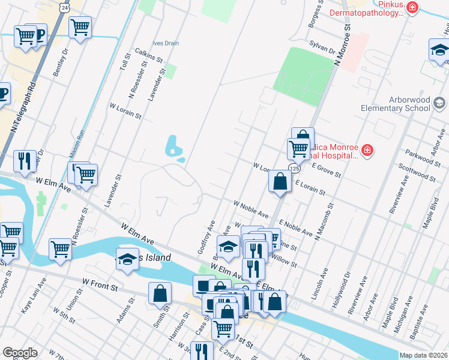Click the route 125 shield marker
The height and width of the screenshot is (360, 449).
point(292,168)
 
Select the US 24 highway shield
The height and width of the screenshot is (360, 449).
point(64,6)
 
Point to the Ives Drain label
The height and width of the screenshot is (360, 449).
point(165,43)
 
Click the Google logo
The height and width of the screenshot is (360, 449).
point(20,352)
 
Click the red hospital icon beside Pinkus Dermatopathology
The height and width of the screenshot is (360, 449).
point(412,7)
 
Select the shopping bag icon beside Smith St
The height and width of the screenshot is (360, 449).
point(160,294)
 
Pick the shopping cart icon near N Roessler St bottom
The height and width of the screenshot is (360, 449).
point(60,249)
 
